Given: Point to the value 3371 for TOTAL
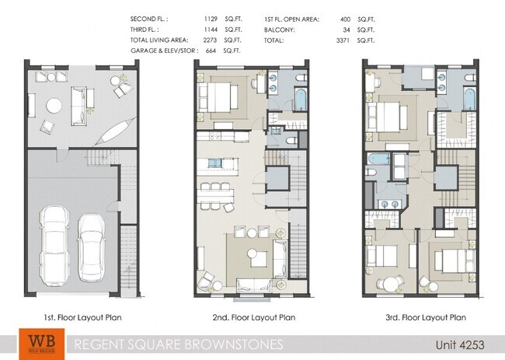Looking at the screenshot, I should point(343,39).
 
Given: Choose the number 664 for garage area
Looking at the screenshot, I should point(211,51).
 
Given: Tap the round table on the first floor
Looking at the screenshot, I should point(54,105).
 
